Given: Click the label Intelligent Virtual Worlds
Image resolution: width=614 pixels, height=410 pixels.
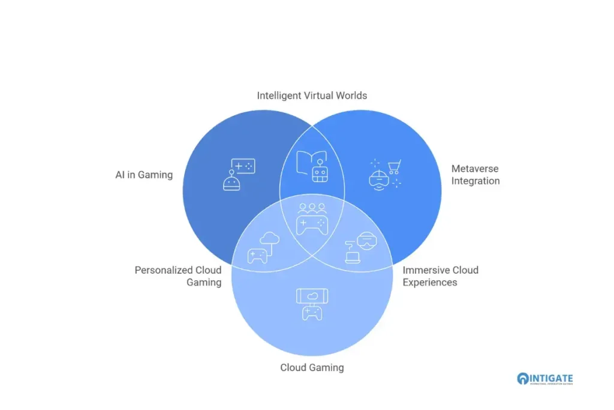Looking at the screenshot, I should click(312, 95).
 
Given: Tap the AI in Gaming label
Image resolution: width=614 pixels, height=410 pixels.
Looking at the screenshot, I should click(144, 175).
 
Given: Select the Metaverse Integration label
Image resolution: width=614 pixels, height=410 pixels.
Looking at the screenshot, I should click(475, 175).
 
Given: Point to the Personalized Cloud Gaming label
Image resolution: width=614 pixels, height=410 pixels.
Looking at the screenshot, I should click(177, 276).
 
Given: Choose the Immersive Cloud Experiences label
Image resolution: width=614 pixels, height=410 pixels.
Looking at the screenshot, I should click(440, 276).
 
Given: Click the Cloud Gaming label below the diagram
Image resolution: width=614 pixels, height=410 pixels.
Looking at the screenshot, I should click(312, 367).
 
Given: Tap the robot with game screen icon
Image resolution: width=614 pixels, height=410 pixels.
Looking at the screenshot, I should click(239, 175).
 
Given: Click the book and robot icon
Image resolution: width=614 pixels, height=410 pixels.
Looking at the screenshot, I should click(312, 166).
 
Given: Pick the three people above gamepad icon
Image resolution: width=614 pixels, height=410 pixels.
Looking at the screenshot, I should click(312, 219).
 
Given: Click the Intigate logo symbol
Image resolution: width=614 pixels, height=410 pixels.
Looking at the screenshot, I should click(523, 379).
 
